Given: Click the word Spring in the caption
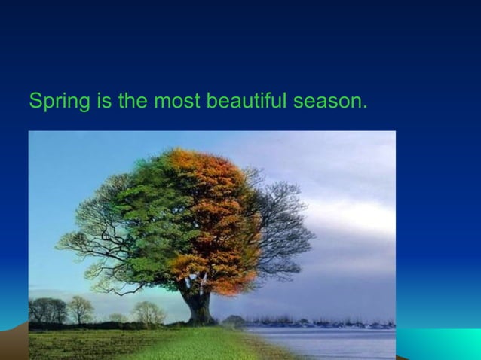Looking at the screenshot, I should (x=58, y=101).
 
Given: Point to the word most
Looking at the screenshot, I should (x=174, y=100).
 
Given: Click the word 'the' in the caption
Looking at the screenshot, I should (x=133, y=100).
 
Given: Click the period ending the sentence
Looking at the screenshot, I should (x=365, y=106).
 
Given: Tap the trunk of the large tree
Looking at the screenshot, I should (x=199, y=305).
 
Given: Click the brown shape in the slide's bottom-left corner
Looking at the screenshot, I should (x=14, y=343).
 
